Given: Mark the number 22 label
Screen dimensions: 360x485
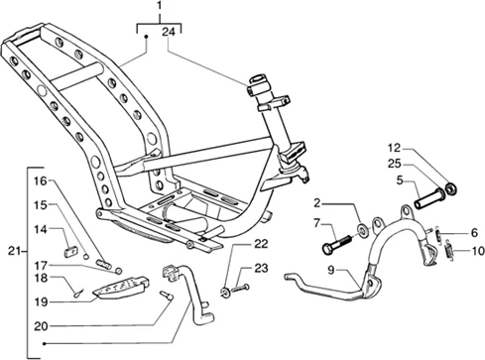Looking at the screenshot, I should point(260,244).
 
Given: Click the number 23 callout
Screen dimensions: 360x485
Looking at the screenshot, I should point(260,268).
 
